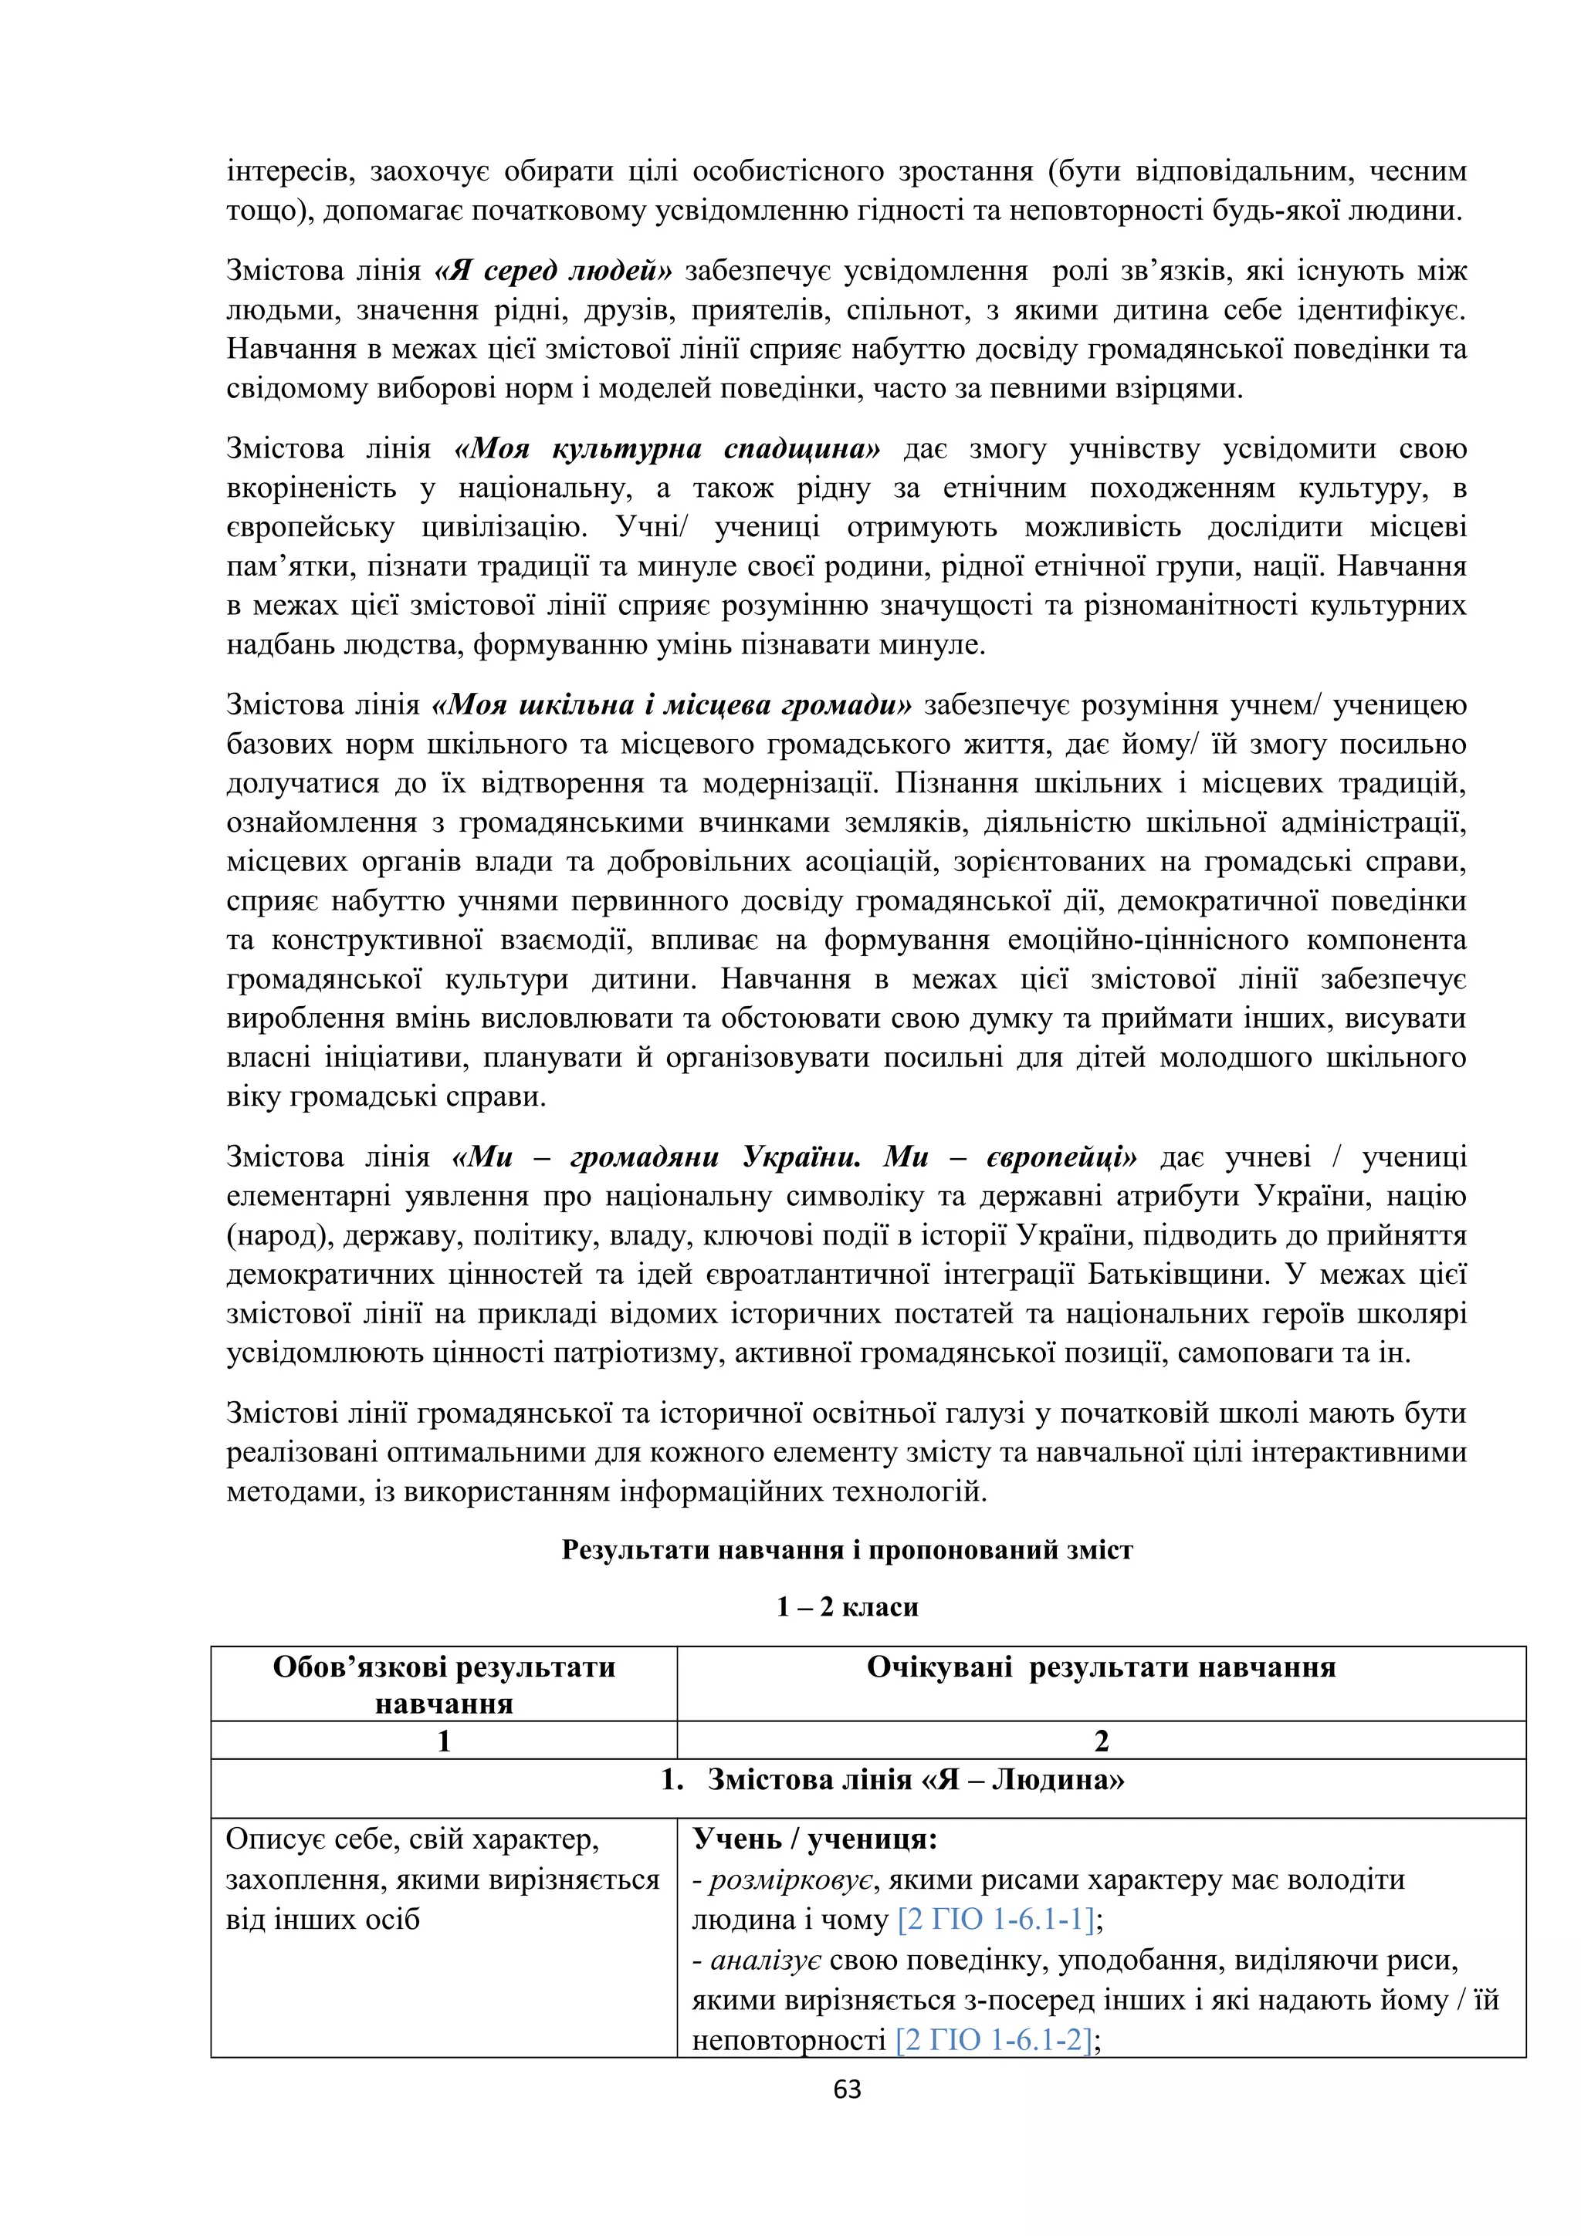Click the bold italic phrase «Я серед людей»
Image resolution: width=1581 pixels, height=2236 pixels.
pos(554,271)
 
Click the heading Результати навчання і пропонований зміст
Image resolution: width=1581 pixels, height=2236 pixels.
pos(847,1549)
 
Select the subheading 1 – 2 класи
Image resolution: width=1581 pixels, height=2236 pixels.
pos(847,1607)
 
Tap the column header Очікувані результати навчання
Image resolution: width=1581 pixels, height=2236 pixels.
pos(1101,1667)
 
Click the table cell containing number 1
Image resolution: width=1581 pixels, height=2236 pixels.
pos(444,1741)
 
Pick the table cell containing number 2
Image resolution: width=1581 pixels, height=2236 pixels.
pos(1101,1741)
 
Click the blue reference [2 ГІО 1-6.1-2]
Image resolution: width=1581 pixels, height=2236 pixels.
pos(994,2038)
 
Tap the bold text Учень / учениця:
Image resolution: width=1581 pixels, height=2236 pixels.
pos(814,1839)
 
